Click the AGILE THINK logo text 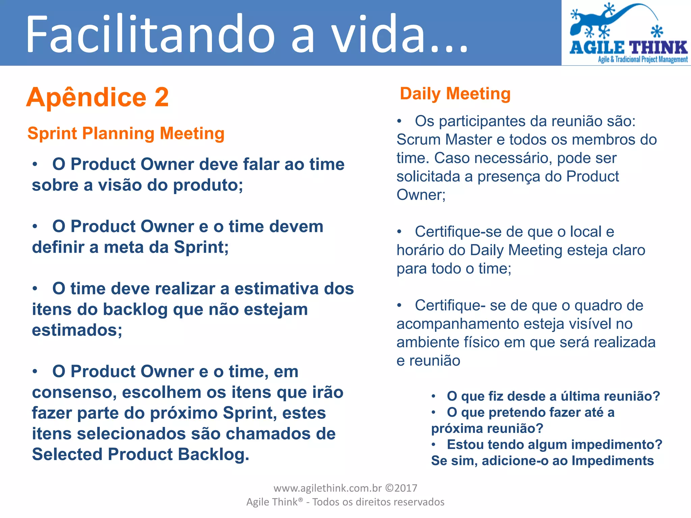click(x=628, y=48)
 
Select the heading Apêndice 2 click(x=97, y=97)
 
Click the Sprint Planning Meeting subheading click(x=126, y=133)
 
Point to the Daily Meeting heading click(x=455, y=94)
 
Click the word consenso click(x=74, y=393)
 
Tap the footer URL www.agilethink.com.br click(x=327, y=488)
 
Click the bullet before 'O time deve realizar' click(x=35, y=289)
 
